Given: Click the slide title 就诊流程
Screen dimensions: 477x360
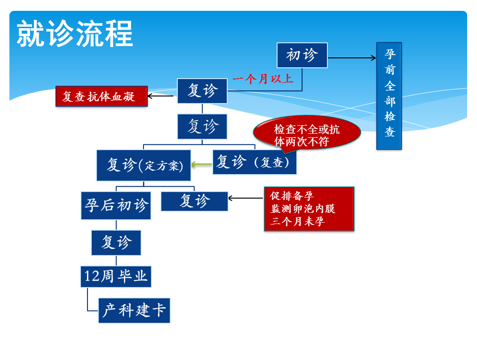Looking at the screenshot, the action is (x=75, y=33).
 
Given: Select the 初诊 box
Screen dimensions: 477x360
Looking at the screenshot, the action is (x=302, y=55).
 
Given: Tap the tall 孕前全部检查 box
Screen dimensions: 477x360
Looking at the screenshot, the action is (x=389, y=96).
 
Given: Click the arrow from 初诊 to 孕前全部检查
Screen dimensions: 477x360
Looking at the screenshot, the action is (x=352, y=58).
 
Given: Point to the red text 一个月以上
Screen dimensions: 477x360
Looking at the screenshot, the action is (x=263, y=79).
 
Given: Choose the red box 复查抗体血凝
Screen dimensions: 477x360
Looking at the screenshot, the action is (x=102, y=96).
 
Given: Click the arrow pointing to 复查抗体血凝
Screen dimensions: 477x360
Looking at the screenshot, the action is (x=160, y=96).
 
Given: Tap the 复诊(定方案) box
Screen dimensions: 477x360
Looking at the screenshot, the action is (x=143, y=165).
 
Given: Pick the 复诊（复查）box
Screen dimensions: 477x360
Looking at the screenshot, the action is (x=254, y=162).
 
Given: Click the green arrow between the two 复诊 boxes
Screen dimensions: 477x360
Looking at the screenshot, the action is (x=202, y=164).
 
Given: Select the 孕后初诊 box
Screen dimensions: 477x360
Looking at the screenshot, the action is (x=116, y=205).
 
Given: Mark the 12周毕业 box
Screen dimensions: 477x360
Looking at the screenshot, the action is (x=116, y=277).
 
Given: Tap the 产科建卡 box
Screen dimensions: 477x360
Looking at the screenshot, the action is (x=134, y=311).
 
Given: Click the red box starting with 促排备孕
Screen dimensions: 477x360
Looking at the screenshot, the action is (x=309, y=209).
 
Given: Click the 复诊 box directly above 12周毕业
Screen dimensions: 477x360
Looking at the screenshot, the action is (x=116, y=242).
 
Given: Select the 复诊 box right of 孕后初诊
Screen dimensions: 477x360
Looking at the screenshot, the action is (x=194, y=201).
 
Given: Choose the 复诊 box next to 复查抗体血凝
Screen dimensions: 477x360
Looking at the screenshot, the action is (x=202, y=91).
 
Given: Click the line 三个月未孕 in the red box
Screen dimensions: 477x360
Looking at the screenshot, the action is (x=297, y=221).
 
